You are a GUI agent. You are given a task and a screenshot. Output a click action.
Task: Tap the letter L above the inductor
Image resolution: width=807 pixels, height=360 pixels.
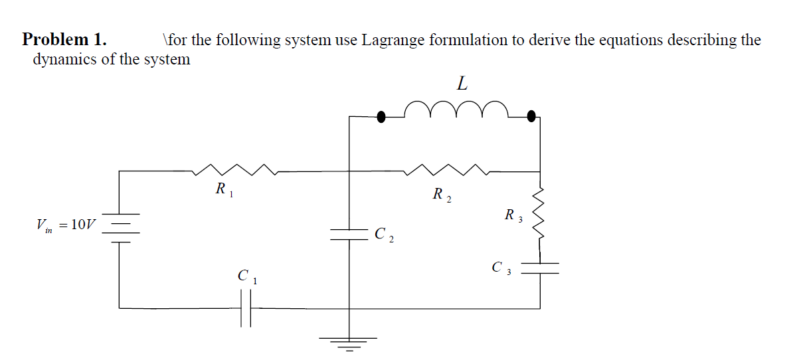tap(462, 84)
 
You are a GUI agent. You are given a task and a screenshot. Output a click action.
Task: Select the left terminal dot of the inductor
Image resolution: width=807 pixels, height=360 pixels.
tap(381, 117)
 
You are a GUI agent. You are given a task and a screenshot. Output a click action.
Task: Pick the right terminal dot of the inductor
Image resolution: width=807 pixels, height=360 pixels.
tap(531, 117)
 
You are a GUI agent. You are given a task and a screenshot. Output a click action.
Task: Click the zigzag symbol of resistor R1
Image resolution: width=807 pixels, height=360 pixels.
tap(235, 170)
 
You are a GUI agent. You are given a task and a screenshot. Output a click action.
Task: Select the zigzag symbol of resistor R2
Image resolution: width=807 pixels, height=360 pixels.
tap(450, 170)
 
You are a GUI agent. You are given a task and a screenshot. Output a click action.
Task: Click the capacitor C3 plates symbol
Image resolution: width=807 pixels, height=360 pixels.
tap(539, 266)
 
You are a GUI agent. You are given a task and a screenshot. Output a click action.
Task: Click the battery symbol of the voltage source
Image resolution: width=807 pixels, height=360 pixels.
tap(120, 228)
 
